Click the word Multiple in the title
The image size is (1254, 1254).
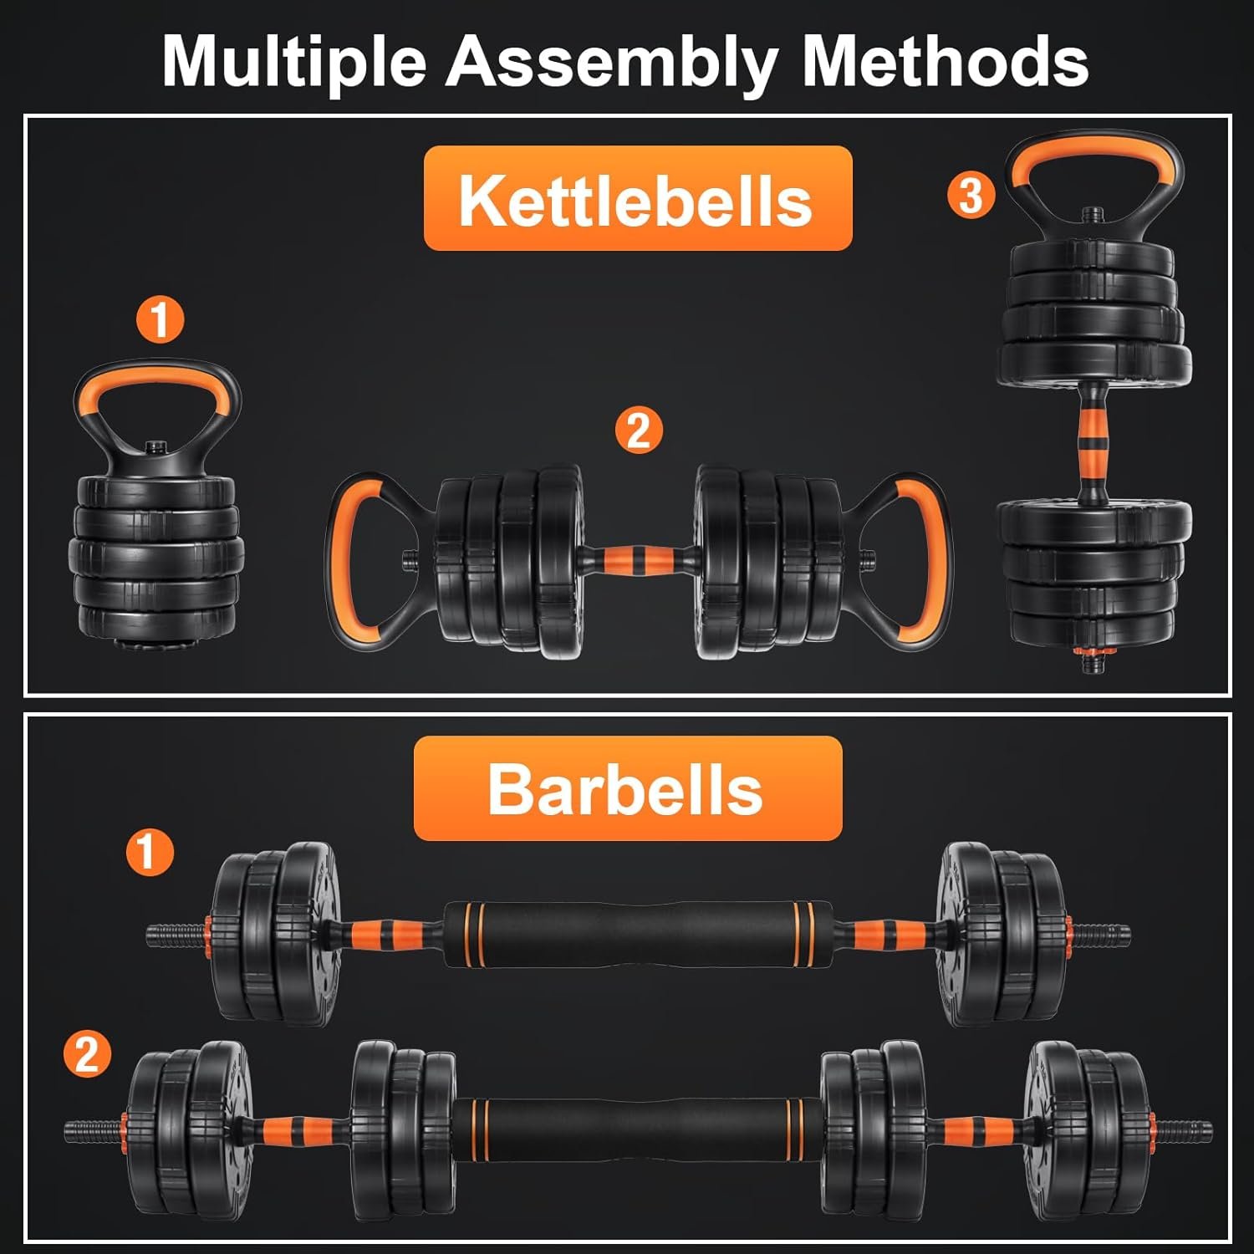point(294,62)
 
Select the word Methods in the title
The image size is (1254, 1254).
point(945,60)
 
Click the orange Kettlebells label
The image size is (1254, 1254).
point(638,198)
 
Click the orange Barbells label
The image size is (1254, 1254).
point(628,788)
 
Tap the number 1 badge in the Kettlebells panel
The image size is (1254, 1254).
point(160,319)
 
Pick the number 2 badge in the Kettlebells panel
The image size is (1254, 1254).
point(639,431)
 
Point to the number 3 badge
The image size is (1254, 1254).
point(971,196)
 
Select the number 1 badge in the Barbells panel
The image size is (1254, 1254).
point(150,852)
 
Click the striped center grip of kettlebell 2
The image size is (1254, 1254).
point(638,558)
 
